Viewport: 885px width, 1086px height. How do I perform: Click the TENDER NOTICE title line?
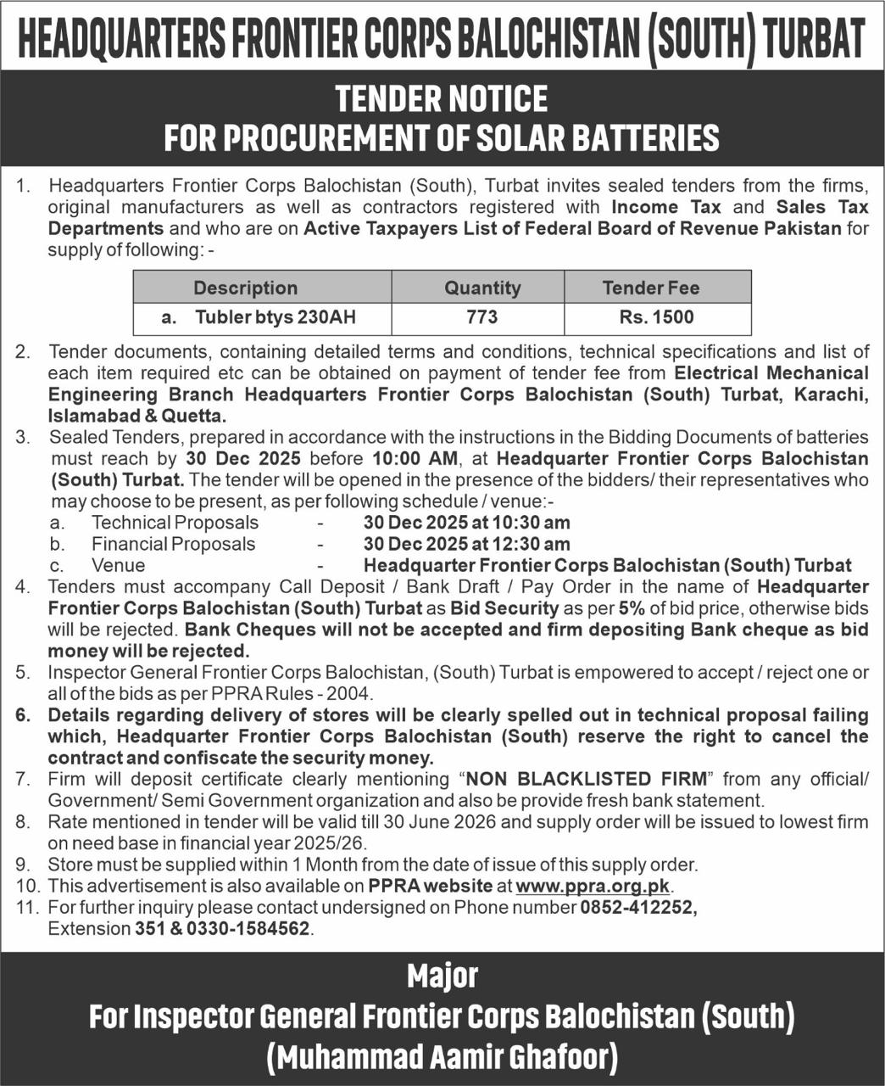[442, 98]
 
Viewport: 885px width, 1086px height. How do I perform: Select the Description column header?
[245, 288]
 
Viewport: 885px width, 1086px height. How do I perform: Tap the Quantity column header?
[482, 288]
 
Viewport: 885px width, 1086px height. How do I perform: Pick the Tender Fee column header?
[651, 288]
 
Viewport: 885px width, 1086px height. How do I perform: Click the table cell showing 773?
[481, 317]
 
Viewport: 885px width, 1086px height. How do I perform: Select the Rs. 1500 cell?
[656, 317]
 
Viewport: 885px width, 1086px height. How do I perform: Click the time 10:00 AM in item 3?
[415, 459]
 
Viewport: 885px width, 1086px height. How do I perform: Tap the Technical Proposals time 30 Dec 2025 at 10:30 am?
[466, 523]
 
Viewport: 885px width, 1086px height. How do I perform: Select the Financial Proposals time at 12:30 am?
[466, 544]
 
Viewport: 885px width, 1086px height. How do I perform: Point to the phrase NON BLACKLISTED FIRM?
[586, 779]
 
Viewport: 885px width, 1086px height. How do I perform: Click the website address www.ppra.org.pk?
[593, 886]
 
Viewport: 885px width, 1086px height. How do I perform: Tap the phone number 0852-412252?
[637, 907]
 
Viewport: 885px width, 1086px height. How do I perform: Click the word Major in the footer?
[442, 976]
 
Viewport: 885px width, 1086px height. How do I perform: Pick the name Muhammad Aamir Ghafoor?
[442, 1057]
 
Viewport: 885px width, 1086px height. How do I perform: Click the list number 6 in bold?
[23, 715]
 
